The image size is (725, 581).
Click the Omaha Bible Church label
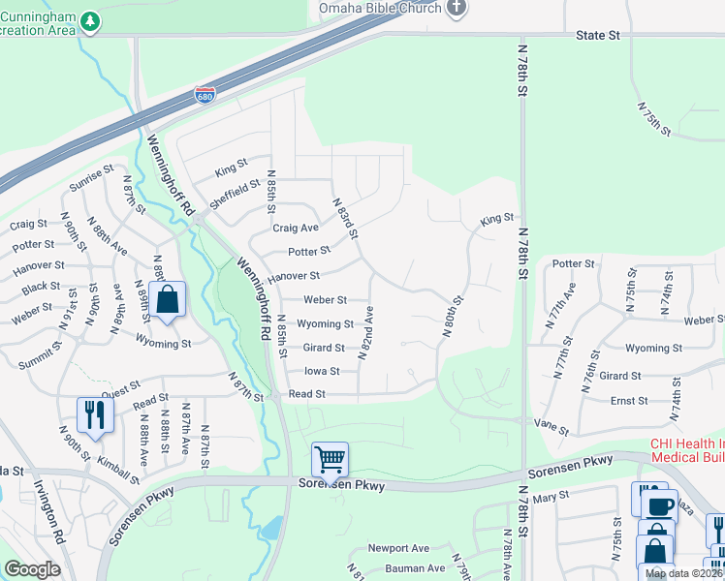click(380, 8)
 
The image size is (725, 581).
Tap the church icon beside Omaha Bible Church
click(458, 8)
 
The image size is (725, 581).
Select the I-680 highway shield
click(205, 95)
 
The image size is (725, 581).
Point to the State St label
click(597, 35)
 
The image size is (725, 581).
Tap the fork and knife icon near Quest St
click(95, 414)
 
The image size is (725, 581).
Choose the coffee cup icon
click(662, 505)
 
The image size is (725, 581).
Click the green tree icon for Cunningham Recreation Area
click(90, 19)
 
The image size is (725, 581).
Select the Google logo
click(32, 569)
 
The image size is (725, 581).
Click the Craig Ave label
click(296, 229)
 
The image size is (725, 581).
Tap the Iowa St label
click(322, 371)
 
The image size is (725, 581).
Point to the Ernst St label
click(629, 400)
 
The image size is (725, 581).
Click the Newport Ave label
click(406, 548)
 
